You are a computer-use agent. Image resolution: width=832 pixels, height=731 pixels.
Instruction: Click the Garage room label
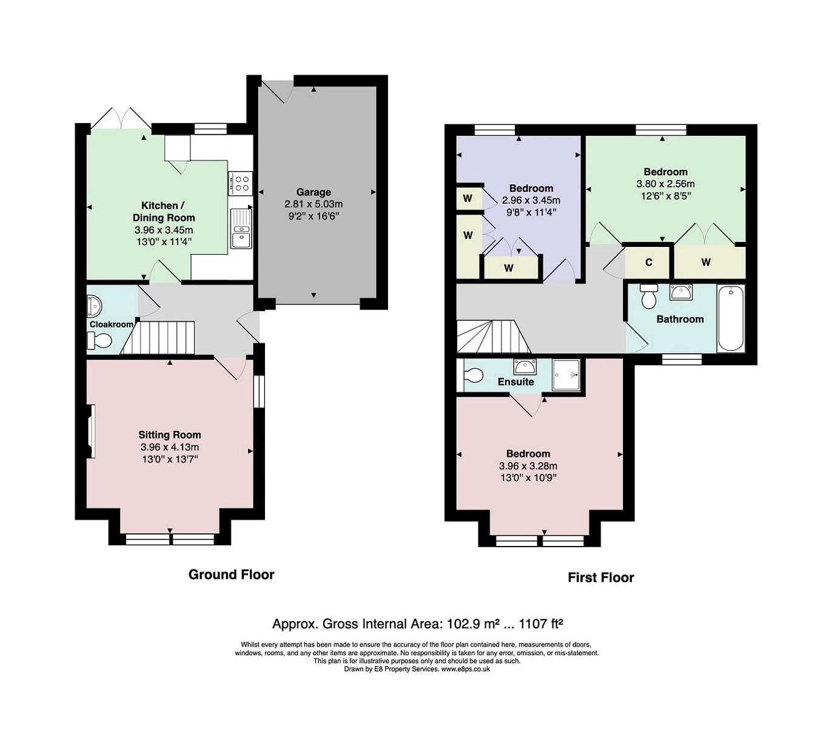click(314, 192)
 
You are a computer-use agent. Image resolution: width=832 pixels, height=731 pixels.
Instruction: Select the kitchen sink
click(241, 229)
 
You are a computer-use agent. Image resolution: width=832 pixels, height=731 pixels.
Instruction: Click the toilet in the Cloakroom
click(99, 341)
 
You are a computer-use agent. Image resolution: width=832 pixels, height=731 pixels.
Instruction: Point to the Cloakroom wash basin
click(94, 307)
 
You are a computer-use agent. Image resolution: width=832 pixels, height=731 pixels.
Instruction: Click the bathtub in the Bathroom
click(731, 318)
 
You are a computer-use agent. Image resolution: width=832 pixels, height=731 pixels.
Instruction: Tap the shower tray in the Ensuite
click(566, 375)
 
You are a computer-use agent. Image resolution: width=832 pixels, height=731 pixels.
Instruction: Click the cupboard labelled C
click(648, 262)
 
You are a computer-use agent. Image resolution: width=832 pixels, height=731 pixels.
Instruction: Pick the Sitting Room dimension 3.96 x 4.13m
click(170, 447)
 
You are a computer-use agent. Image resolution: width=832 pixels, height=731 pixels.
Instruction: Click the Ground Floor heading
click(231, 574)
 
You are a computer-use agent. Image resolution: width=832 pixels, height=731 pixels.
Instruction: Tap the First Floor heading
click(601, 578)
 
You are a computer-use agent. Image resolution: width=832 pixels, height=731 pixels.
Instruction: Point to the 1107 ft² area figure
click(541, 624)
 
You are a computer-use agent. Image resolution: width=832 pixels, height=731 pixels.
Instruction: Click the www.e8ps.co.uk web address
click(466, 669)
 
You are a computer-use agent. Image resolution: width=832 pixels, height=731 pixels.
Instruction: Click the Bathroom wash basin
click(680, 292)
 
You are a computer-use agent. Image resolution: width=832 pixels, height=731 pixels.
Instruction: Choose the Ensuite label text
click(516, 382)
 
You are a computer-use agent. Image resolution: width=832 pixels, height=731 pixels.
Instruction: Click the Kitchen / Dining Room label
click(163, 211)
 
